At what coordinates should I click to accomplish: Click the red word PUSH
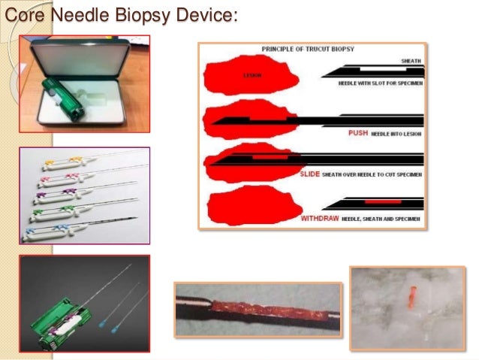point(357,132)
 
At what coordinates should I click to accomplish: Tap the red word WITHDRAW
point(321,218)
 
